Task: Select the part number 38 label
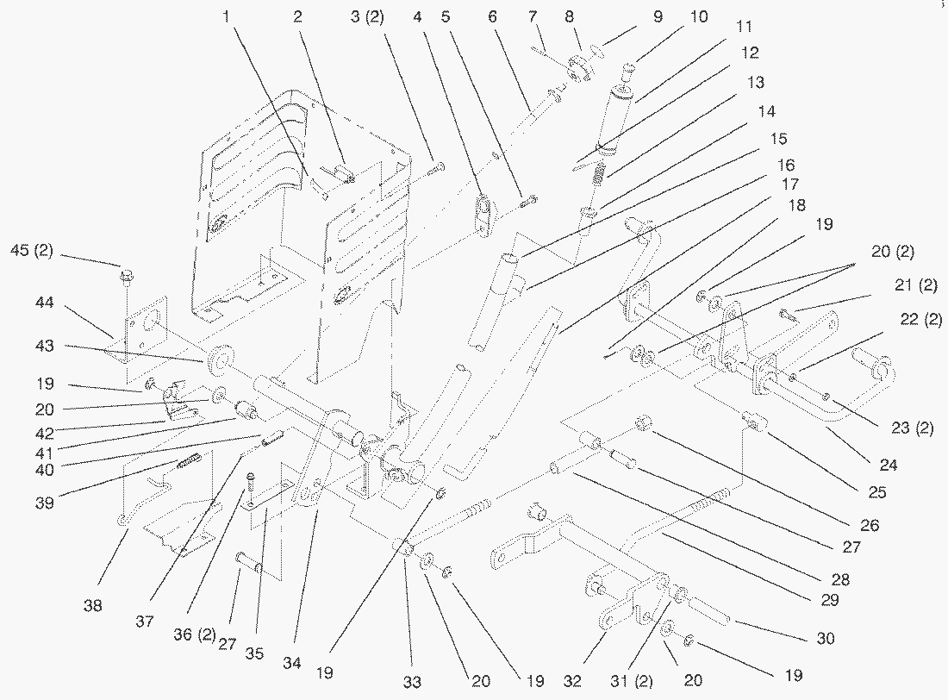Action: click(x=93, y=605)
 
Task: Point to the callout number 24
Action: click(x=889, y=465)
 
